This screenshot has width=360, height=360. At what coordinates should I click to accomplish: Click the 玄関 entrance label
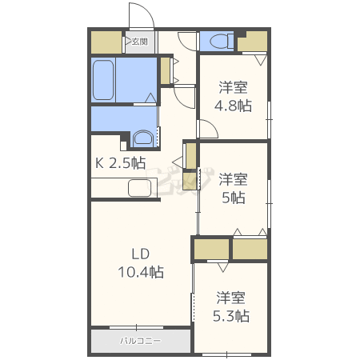point(139,42)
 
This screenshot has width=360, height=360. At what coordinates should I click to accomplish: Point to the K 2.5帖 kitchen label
point(121,163)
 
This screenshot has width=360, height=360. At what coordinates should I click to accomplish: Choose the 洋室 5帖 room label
point(233,188)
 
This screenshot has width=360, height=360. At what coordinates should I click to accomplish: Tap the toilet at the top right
point(218,41)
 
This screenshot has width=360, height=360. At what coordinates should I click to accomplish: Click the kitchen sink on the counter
point(140,189)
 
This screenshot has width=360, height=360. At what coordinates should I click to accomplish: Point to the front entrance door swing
point(140,16)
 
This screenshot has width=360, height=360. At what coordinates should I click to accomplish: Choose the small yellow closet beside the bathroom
point(166,70)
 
